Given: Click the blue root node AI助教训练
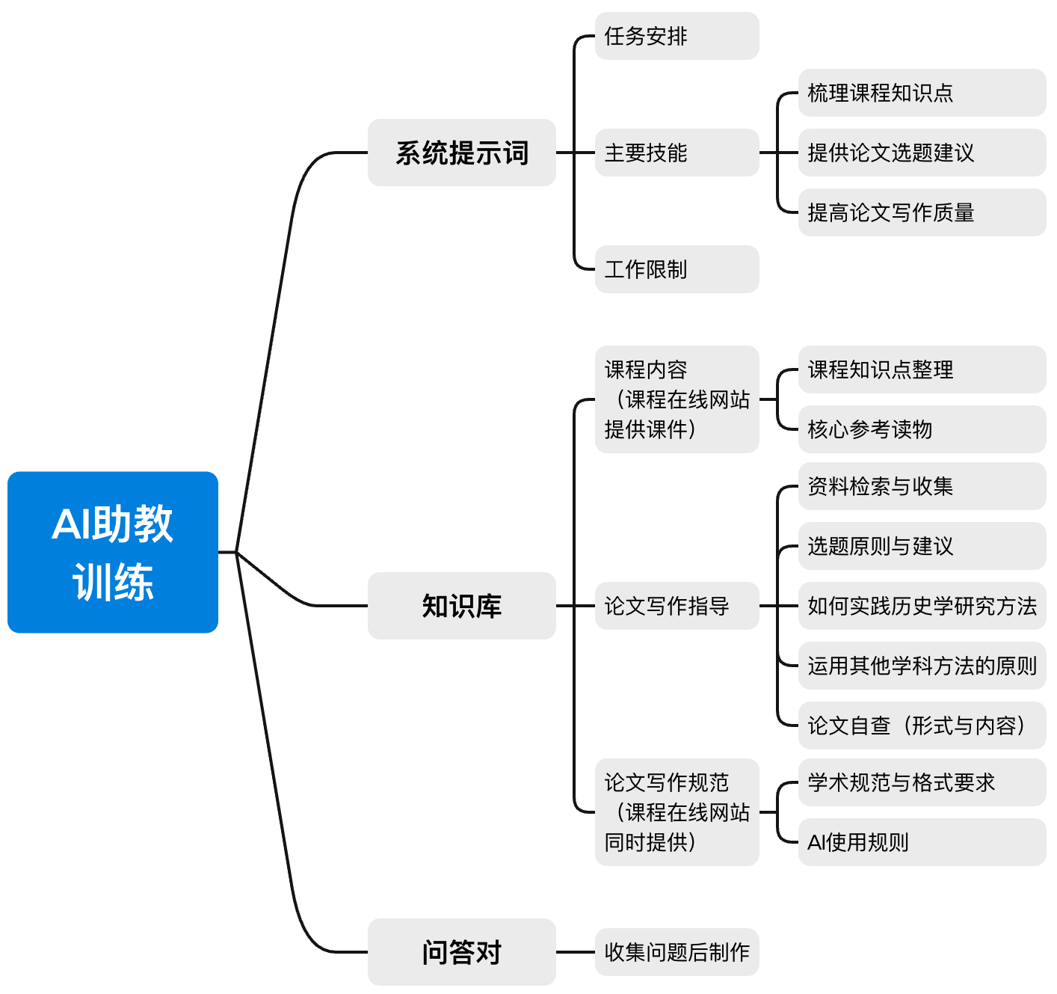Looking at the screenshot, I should [x=113, y=552].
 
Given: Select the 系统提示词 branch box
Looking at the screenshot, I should [x=461, y=153].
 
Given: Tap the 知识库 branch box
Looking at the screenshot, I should [x=461, y=606].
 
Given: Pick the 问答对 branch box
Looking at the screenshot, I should [x=461, y=952].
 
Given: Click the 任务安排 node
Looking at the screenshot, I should [x=677, y=36].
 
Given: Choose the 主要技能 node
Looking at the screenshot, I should [x=677, y=153].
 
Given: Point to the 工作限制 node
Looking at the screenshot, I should [x=677, y=269].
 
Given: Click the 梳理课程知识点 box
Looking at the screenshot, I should [x=921, y=93].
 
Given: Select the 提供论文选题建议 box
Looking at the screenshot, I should [x=921, y=153].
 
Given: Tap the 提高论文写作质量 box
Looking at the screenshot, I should [x=921, y=212].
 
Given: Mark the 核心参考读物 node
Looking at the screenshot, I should [x=921, y=429].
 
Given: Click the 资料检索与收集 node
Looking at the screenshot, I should [x=921, y=486].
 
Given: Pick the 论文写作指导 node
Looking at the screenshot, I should [x=677, y=606].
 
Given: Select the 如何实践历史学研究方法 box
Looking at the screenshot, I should [x=921, y=606].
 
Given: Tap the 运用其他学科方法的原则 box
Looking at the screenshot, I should [x=921, y=666].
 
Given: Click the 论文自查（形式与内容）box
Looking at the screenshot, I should [x=921, y=725].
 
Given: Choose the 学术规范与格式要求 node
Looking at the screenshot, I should [x=921, y=782].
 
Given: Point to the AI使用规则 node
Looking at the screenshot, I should [x=921, y=842].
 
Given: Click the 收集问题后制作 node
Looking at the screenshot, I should [x=677, y=952].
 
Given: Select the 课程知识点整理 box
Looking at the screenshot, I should [x=921, y=369].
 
